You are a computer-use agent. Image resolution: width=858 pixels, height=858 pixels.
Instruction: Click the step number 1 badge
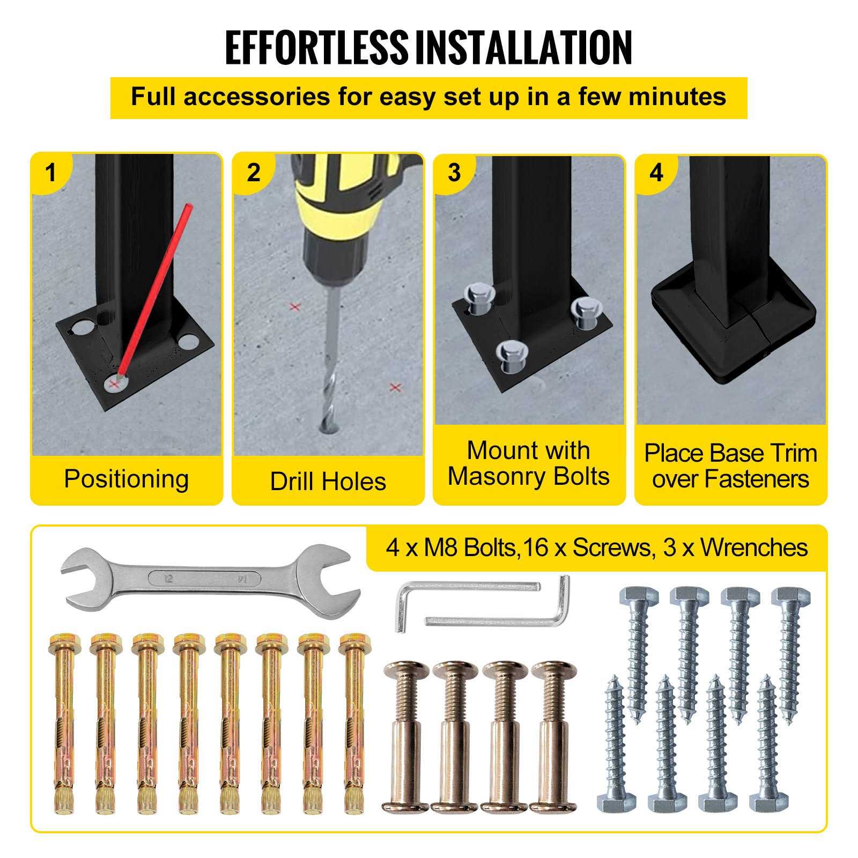pos(50,173)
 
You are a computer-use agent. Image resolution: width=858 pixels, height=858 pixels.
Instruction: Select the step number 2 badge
pos(253,173)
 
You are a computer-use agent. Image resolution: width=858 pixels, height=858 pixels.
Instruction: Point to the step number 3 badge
pos(454,173)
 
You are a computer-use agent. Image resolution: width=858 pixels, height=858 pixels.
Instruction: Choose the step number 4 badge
pos(656,173)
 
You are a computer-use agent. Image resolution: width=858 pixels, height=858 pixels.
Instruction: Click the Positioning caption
pos(127,479)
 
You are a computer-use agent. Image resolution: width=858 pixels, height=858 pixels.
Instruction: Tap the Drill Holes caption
pos(328,481)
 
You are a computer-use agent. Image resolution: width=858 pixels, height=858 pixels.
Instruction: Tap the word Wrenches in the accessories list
pos(754,548)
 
